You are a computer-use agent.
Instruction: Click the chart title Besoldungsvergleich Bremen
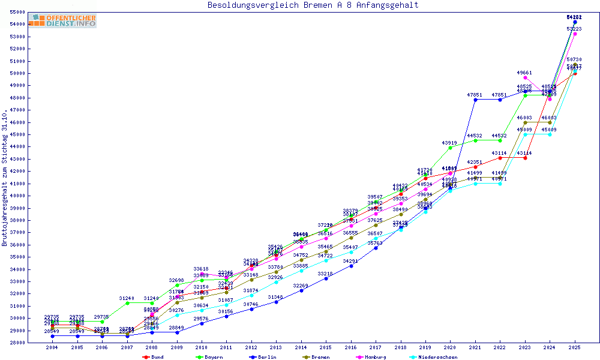click(x=313, y=5)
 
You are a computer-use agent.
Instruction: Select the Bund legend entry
click(x=153, y=357)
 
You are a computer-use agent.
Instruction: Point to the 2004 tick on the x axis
click(x=52, y=347)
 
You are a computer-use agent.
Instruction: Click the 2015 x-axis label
click(x=326, y=347)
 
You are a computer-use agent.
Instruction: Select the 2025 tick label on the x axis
click(x=575, y=347)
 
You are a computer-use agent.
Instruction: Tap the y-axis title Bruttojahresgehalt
click(x=5, y=178)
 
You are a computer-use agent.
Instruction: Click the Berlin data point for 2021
click(x=475, y=100)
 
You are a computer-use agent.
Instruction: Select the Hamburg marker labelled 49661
click(x=525, y=77)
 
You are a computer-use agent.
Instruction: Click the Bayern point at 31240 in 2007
click(x=127, y=303)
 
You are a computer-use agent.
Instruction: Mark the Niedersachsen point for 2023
click(x=525, y=134)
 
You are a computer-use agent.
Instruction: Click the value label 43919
click(x=450, y=143)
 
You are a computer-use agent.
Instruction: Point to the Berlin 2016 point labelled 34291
click(x=351, y=266)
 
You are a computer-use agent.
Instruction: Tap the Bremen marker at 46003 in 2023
click(x=525, y=122)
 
